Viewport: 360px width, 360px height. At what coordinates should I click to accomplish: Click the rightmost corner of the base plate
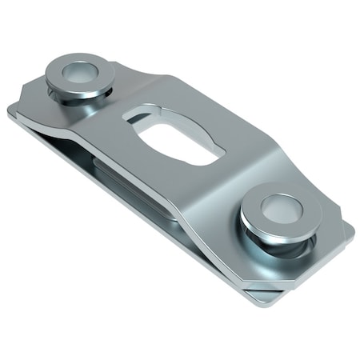coord(352,232)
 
